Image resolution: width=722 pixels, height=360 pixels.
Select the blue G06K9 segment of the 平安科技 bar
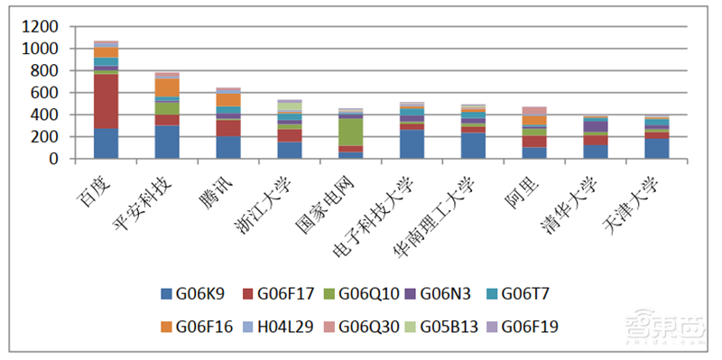click(167, 142)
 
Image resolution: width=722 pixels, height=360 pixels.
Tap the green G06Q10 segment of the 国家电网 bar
click(351, 132)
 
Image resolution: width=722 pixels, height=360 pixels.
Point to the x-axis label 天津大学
click(637, 195)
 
